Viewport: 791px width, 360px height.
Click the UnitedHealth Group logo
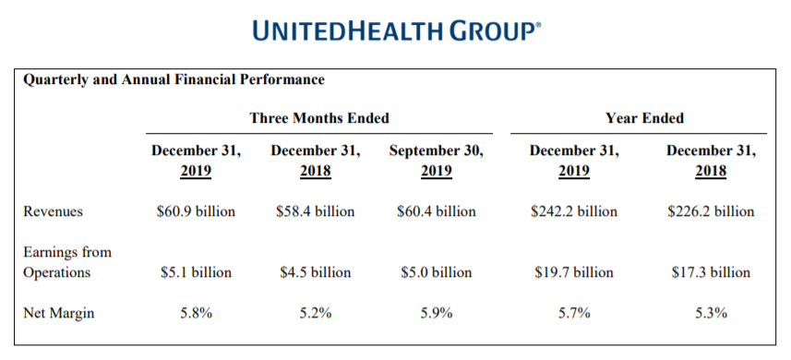point(396,30)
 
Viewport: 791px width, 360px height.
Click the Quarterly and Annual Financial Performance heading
point(174,80)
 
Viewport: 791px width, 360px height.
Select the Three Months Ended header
point(319,118)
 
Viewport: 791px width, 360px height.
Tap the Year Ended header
point(644,118)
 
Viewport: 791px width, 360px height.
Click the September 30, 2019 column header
point(437,162)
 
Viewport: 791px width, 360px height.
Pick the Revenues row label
point(53,211)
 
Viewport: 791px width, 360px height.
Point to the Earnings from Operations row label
point(67,262)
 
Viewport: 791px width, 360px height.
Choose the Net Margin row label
point(58,313)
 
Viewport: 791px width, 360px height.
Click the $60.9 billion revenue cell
point(196,210)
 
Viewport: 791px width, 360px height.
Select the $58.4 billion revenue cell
point(316,210)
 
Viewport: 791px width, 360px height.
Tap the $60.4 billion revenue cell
point(437,210)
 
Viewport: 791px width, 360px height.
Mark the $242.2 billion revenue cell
point(574,210)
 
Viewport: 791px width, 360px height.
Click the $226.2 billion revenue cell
point(712,210)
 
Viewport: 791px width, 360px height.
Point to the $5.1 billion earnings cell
point(196,273)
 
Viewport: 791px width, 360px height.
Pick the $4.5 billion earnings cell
point(316,273)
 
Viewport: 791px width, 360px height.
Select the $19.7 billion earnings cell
point(574,273)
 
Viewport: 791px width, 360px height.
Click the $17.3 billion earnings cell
point(712,273)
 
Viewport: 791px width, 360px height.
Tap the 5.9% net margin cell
point(437,313)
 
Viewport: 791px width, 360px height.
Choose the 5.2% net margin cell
point(316,313)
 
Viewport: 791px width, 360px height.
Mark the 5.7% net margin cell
point(574,313)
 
